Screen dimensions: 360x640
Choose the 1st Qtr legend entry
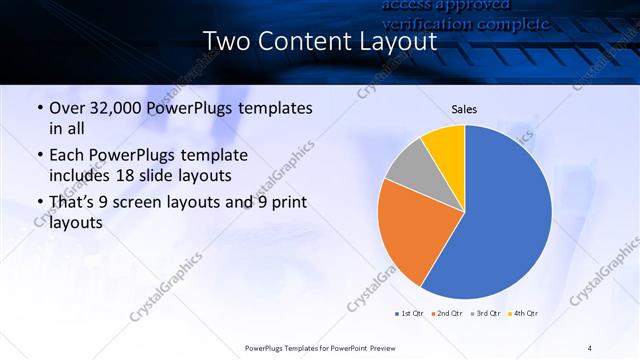tap(410, 314)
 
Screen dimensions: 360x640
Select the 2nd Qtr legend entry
tap(448, 314)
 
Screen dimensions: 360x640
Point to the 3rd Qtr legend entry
tap(486, 314)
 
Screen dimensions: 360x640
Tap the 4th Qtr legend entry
tap(524, 314)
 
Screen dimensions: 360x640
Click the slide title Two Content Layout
tap(319, 42)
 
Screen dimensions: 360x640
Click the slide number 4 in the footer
tap(590, 347)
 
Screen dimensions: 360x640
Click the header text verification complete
tap(465, 22)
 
